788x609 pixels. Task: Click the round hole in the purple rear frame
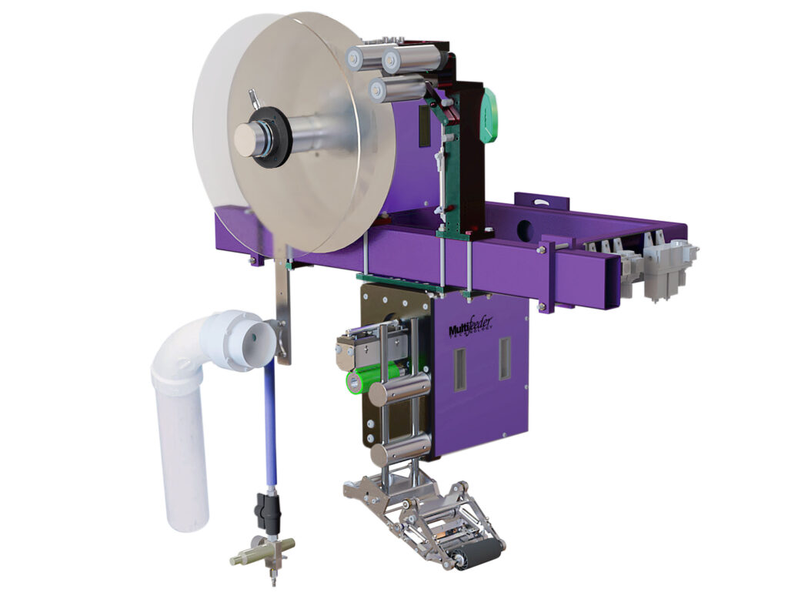coord(525,229)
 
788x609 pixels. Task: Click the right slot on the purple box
coord(504,359)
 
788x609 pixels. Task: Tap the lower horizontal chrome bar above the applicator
coord(399,450)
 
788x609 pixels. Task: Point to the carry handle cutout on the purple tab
coord(543,204)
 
